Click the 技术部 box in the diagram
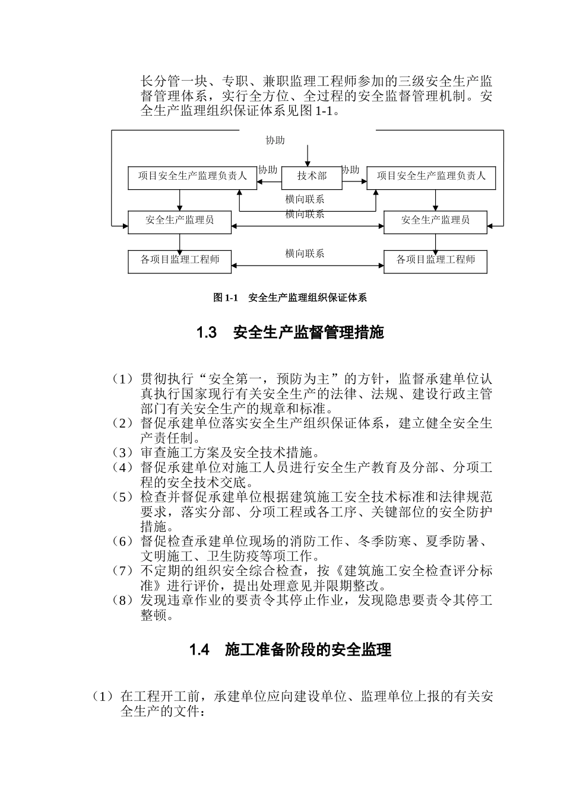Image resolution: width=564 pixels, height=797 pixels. tap(312, 176)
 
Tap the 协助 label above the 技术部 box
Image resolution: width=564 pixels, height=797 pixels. tap(275, 141)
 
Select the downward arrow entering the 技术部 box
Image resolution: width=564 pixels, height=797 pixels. tap(307, 155)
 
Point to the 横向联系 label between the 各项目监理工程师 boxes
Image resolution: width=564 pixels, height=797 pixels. tap(305, 254)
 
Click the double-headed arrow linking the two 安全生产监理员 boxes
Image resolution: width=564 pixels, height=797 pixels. tap(307, 226)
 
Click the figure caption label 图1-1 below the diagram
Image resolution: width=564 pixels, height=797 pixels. tap(225, 298)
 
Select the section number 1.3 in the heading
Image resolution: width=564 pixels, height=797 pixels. tap(206, 333)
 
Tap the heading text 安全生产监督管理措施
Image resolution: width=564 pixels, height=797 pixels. tap(309, 333)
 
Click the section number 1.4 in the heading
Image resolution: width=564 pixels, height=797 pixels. tap(199, 650)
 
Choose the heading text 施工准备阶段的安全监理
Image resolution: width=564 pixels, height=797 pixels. tap(308, 650)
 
